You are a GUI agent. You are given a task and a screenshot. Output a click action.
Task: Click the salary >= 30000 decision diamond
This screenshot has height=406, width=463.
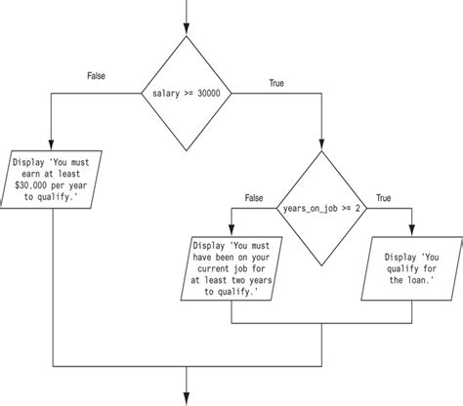coord(187,92)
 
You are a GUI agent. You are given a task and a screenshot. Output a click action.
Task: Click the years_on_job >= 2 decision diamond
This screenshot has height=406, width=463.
coord(321,207)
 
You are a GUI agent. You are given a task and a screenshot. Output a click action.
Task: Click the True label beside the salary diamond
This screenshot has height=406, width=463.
coord(277,85)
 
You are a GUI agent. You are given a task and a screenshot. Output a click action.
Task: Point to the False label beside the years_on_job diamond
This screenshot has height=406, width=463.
coord(256,197)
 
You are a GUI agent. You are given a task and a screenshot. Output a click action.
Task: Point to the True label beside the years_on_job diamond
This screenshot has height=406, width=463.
coord(383,197)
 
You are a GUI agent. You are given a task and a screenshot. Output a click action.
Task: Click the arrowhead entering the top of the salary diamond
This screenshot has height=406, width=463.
coord(187,29)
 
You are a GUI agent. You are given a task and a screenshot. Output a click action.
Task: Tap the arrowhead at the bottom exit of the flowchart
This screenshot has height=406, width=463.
coord(187,396)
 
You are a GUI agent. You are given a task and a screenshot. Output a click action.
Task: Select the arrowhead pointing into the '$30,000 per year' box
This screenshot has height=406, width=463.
coord(50,142)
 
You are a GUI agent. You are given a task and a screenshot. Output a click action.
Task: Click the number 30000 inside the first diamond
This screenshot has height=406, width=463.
coord(211,93)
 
